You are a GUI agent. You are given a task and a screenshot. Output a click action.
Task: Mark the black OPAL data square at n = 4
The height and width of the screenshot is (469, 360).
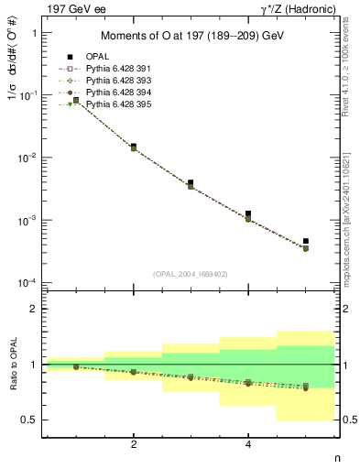point(248,213)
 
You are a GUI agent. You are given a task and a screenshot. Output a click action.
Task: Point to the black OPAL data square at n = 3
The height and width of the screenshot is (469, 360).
point(191,183)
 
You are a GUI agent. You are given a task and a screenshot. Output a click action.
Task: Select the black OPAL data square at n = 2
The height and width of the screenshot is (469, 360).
point(134,147)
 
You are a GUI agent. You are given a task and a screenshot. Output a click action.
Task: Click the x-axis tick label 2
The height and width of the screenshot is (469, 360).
point(134,445)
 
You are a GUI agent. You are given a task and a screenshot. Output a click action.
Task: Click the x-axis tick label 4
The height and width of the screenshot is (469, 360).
point(248,445)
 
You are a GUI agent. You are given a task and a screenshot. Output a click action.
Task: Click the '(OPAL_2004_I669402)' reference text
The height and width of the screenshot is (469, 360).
point(191,273)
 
